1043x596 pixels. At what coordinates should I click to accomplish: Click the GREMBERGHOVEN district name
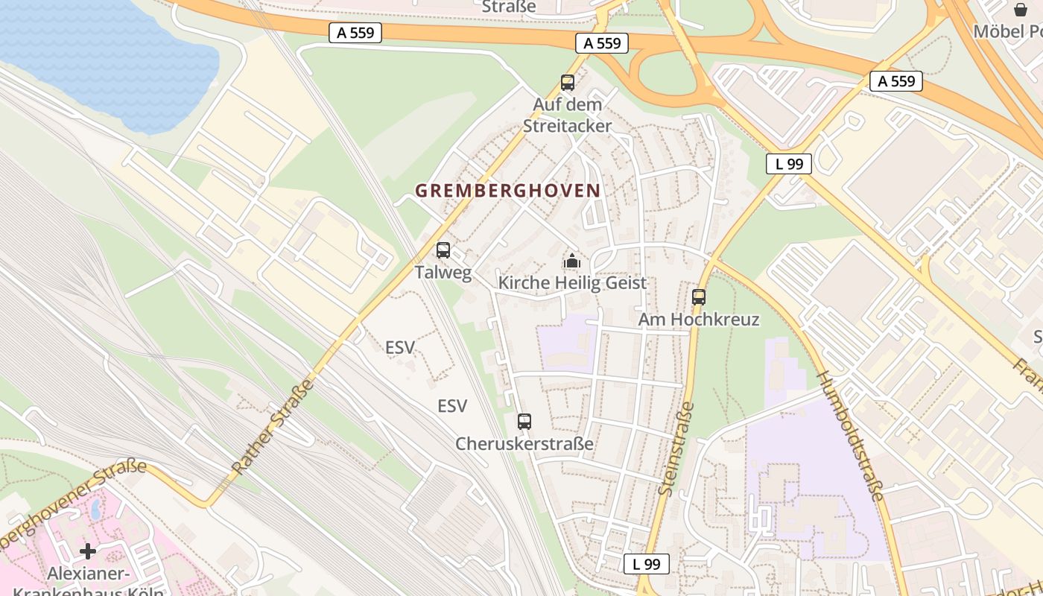[x=507, y=191]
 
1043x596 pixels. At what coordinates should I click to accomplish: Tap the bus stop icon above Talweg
[x=443, y=250]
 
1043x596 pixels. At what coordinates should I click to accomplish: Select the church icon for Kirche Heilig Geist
[x=572, y=261]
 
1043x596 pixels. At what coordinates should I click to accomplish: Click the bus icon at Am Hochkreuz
[x=698, y=297]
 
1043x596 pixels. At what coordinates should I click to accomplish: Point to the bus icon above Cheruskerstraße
[x=524, y=422]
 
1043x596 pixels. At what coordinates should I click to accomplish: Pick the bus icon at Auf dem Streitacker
[x=568, y=83]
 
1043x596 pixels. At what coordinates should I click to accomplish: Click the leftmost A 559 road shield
[x=355, y=33]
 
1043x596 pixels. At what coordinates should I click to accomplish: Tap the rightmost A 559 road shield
[x=896, y=81]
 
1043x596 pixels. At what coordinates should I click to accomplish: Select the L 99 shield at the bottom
[x=646, y=564]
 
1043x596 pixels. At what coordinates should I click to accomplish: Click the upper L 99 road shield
[x=788, y=164]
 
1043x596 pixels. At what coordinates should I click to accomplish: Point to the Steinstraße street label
[x=677, y=448]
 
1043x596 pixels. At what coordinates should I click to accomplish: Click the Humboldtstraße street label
[x=851, y=435]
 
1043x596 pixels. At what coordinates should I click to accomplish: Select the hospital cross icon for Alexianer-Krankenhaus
[x=88, y=551]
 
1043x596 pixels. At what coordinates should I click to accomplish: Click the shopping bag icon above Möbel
[x=1020, y=10]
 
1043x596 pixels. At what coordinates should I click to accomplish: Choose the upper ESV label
[x=400, y=347]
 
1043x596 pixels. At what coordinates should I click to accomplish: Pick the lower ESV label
[x=452, y=406]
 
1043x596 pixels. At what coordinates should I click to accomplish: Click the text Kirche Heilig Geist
[x=572, y=283]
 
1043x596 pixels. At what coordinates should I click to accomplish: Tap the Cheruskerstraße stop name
[x=524, y=444]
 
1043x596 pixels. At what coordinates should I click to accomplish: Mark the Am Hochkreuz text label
[x=699, y=320]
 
